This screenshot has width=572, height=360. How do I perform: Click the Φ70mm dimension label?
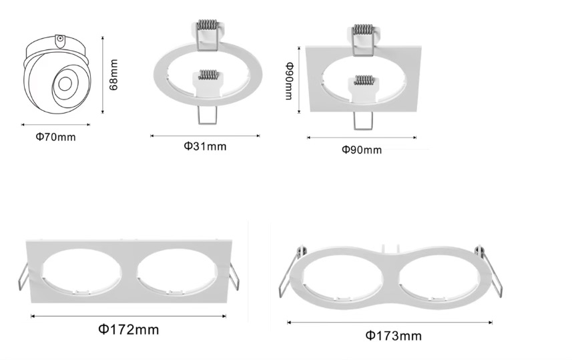tap(56, 137)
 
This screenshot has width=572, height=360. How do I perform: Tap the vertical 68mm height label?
tap(114, 75)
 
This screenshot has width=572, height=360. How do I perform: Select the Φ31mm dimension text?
tap(205, 146)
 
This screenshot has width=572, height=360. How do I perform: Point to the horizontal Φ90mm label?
tap(362, 150)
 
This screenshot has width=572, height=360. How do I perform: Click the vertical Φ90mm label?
tap(289, 81)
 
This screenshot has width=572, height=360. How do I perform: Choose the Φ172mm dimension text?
tap(129, 330)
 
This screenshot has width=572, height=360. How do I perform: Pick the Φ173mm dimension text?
tap(394, 335)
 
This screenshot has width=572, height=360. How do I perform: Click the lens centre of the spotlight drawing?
tap(65, 84)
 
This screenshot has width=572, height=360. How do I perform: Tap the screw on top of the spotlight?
tap(60, 38)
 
